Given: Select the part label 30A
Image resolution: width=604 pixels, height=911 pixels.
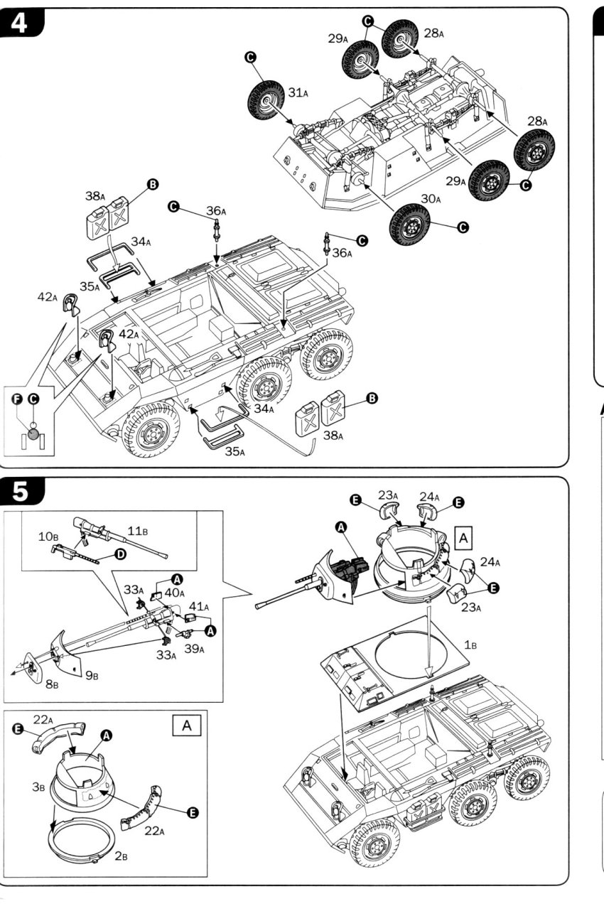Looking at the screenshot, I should coord(431,200).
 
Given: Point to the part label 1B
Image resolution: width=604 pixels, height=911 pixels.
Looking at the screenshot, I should coord(470,645).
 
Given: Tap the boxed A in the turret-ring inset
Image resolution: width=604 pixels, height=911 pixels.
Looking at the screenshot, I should coord(187,726).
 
